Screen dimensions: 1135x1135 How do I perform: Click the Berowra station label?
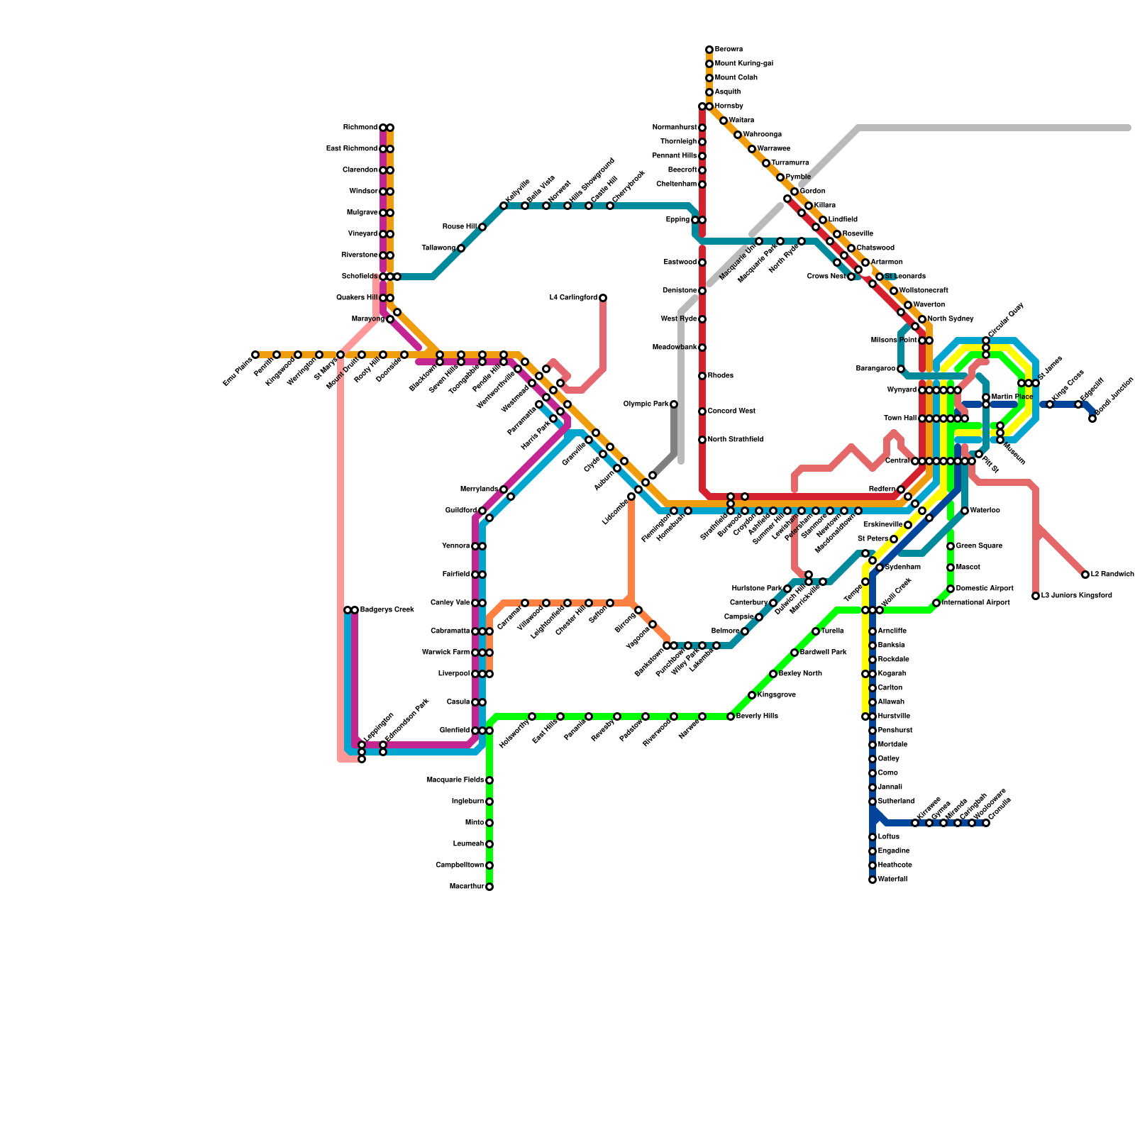[x=729, y=50]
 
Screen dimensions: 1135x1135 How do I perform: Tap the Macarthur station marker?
[x=489, y=887]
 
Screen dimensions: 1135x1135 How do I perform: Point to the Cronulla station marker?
[x=986, y=823]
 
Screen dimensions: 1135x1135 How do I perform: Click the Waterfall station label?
[x=892, y=880]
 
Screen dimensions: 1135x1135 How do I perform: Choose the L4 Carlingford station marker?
[x=603, y=298]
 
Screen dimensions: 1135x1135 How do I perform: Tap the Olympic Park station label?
[x=646, y=404]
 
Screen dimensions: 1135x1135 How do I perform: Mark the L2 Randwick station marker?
[x=1085, y=575]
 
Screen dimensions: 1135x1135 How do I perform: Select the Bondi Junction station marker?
[x=1092, y=419]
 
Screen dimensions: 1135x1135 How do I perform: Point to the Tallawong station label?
[x=438, y=248]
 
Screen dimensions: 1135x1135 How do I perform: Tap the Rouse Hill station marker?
[x=482, y=227]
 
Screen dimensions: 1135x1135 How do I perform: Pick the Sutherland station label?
[x=896, y=802]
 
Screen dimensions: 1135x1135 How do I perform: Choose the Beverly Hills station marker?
[x=731, y=716]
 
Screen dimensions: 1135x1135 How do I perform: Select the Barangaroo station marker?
[x=901, y=369]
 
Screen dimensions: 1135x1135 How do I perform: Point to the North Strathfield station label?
[x=735, y=440]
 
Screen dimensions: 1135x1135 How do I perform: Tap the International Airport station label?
[x=975, y=603]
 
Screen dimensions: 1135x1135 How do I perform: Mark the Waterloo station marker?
[x=965, y=511]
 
